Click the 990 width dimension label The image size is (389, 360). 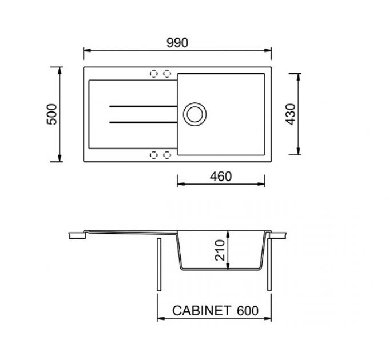177,43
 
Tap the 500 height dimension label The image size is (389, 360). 52,114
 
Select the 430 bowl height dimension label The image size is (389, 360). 291,114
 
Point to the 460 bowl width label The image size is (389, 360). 221,177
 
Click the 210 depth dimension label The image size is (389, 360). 220,250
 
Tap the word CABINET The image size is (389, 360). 202,311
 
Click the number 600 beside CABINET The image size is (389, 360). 248,311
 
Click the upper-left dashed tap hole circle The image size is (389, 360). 154,74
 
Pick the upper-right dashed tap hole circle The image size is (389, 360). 167,74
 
